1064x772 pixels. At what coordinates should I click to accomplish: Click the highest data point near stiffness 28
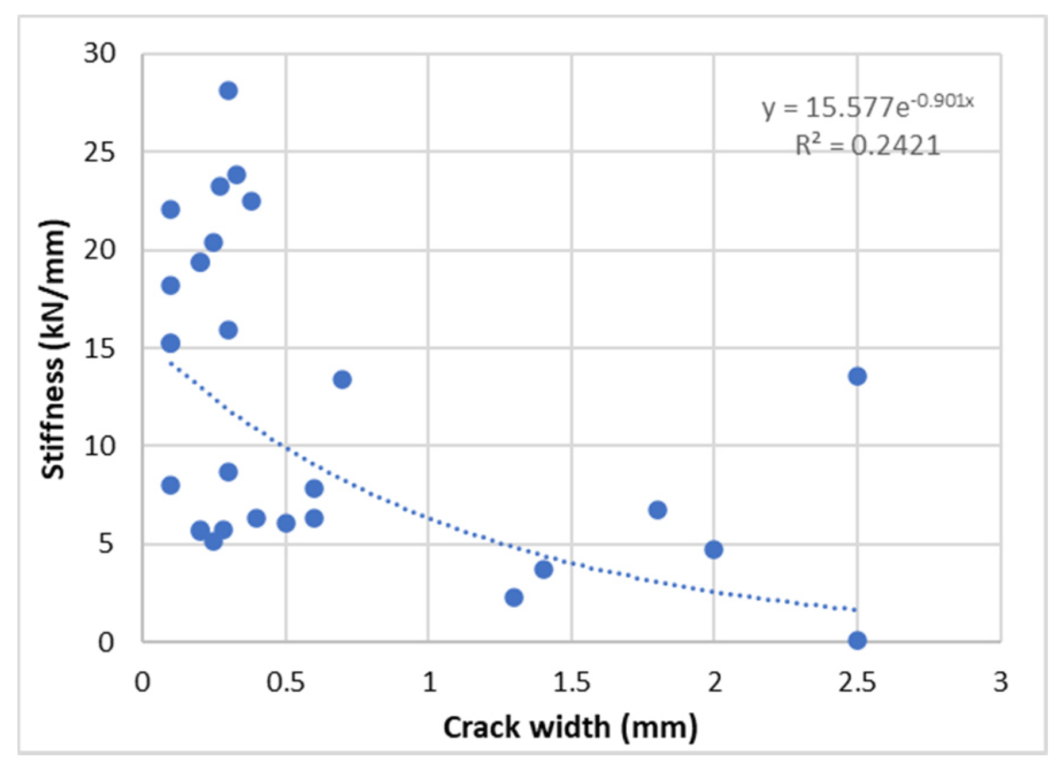228,91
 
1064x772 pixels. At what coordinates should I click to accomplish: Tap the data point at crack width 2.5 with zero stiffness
857,640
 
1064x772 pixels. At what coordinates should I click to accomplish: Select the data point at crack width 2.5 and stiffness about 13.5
857,376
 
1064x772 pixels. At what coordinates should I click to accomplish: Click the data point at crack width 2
714,550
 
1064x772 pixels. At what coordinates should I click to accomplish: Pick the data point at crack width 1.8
657,509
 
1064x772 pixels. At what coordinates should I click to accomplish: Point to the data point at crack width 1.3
514,597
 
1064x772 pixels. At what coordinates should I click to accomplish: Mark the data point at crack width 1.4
543,569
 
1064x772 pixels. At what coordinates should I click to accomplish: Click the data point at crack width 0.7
342,379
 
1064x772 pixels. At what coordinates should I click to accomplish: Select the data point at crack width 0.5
286,523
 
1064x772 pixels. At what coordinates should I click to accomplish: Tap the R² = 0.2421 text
867,145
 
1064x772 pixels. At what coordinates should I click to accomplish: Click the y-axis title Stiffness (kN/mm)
53,349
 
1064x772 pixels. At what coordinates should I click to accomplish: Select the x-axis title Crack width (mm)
570,727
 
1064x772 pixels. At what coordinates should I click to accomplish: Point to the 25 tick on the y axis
99,152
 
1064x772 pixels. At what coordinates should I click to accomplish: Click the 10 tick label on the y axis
99,446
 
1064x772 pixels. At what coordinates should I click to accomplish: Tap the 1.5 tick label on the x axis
572,682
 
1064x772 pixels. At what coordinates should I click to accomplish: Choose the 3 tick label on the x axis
1000,682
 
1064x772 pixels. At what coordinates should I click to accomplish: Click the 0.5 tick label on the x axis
286,682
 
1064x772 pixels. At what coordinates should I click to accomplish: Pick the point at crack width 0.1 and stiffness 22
170,209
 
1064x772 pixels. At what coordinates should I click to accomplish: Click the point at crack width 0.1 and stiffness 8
170,485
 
